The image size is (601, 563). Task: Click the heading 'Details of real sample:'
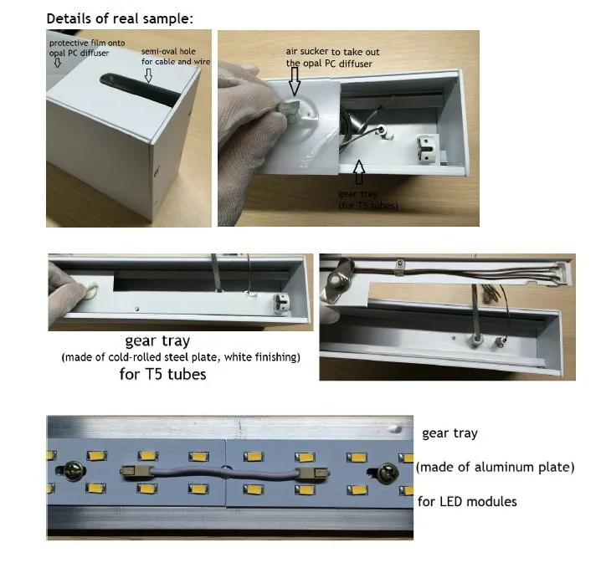point(120,18)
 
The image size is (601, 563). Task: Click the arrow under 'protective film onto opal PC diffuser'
point(58,63)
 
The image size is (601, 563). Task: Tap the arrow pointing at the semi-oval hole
point(148,75)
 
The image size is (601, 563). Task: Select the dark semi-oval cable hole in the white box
point(140,90)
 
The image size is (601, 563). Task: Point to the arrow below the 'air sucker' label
point(295,81)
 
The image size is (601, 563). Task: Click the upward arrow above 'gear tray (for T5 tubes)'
point(359,172)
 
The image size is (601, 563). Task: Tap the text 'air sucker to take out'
point(332,52)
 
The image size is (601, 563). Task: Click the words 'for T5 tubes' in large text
point(163,374)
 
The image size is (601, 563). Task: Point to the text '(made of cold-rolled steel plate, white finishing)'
point(181,357)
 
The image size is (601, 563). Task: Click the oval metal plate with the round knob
point(339,281)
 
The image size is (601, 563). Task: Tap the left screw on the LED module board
point(73,470)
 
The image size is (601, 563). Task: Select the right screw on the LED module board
point(387,473)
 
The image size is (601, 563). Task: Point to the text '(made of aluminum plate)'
point(496,468)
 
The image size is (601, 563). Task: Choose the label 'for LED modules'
point(467,501)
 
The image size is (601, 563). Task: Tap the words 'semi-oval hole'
point(168,51)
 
